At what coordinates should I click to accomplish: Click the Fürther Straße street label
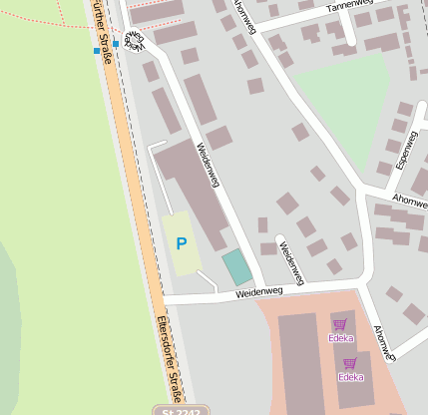click(x=101, y=30)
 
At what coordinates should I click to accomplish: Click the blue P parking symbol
click(x=181, y=242)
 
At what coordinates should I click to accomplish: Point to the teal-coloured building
click(x=236, y=267)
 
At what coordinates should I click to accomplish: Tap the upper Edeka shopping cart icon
click(x=340, y=324)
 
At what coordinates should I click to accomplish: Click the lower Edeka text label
click(x=350, y=377)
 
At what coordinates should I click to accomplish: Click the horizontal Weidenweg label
click(x=260, y=292)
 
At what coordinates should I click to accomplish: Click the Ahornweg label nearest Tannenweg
click(x=243, y=16)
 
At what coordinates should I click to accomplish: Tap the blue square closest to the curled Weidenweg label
click(x=116, y=44)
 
